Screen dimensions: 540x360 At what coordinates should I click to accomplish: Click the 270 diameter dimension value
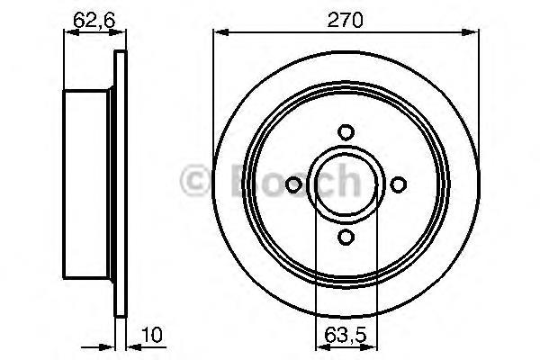point(345,20)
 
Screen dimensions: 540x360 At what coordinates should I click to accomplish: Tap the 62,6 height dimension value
point(94,20)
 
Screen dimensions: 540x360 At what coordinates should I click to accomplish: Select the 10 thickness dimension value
point(151,335)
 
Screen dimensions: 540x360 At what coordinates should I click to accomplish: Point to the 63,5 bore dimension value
point(346,336)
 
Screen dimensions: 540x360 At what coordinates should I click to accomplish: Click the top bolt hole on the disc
point(346,132)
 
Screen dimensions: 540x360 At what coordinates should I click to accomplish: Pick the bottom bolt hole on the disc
point(346,237)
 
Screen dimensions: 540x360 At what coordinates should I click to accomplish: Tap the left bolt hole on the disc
point(293,184)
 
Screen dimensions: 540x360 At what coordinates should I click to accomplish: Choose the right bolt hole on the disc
point(399,184)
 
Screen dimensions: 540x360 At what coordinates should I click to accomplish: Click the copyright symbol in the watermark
point(194,180)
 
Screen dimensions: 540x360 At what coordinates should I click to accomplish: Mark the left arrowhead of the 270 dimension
point(221,32)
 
